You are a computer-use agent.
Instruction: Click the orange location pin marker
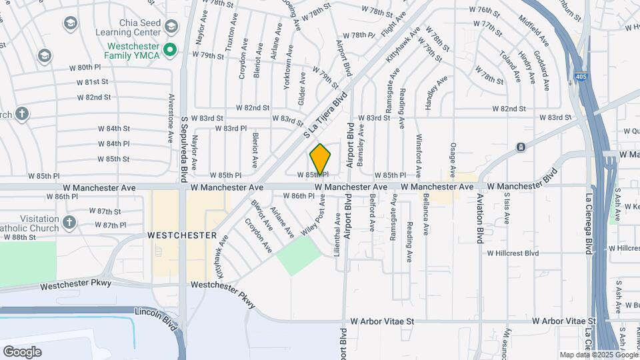320,159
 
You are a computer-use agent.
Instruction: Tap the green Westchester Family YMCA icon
169,49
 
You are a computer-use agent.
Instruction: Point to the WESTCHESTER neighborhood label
182,235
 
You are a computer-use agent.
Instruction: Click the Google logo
22,352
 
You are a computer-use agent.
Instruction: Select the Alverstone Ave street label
171,119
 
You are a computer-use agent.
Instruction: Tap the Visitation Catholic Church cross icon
70,221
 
